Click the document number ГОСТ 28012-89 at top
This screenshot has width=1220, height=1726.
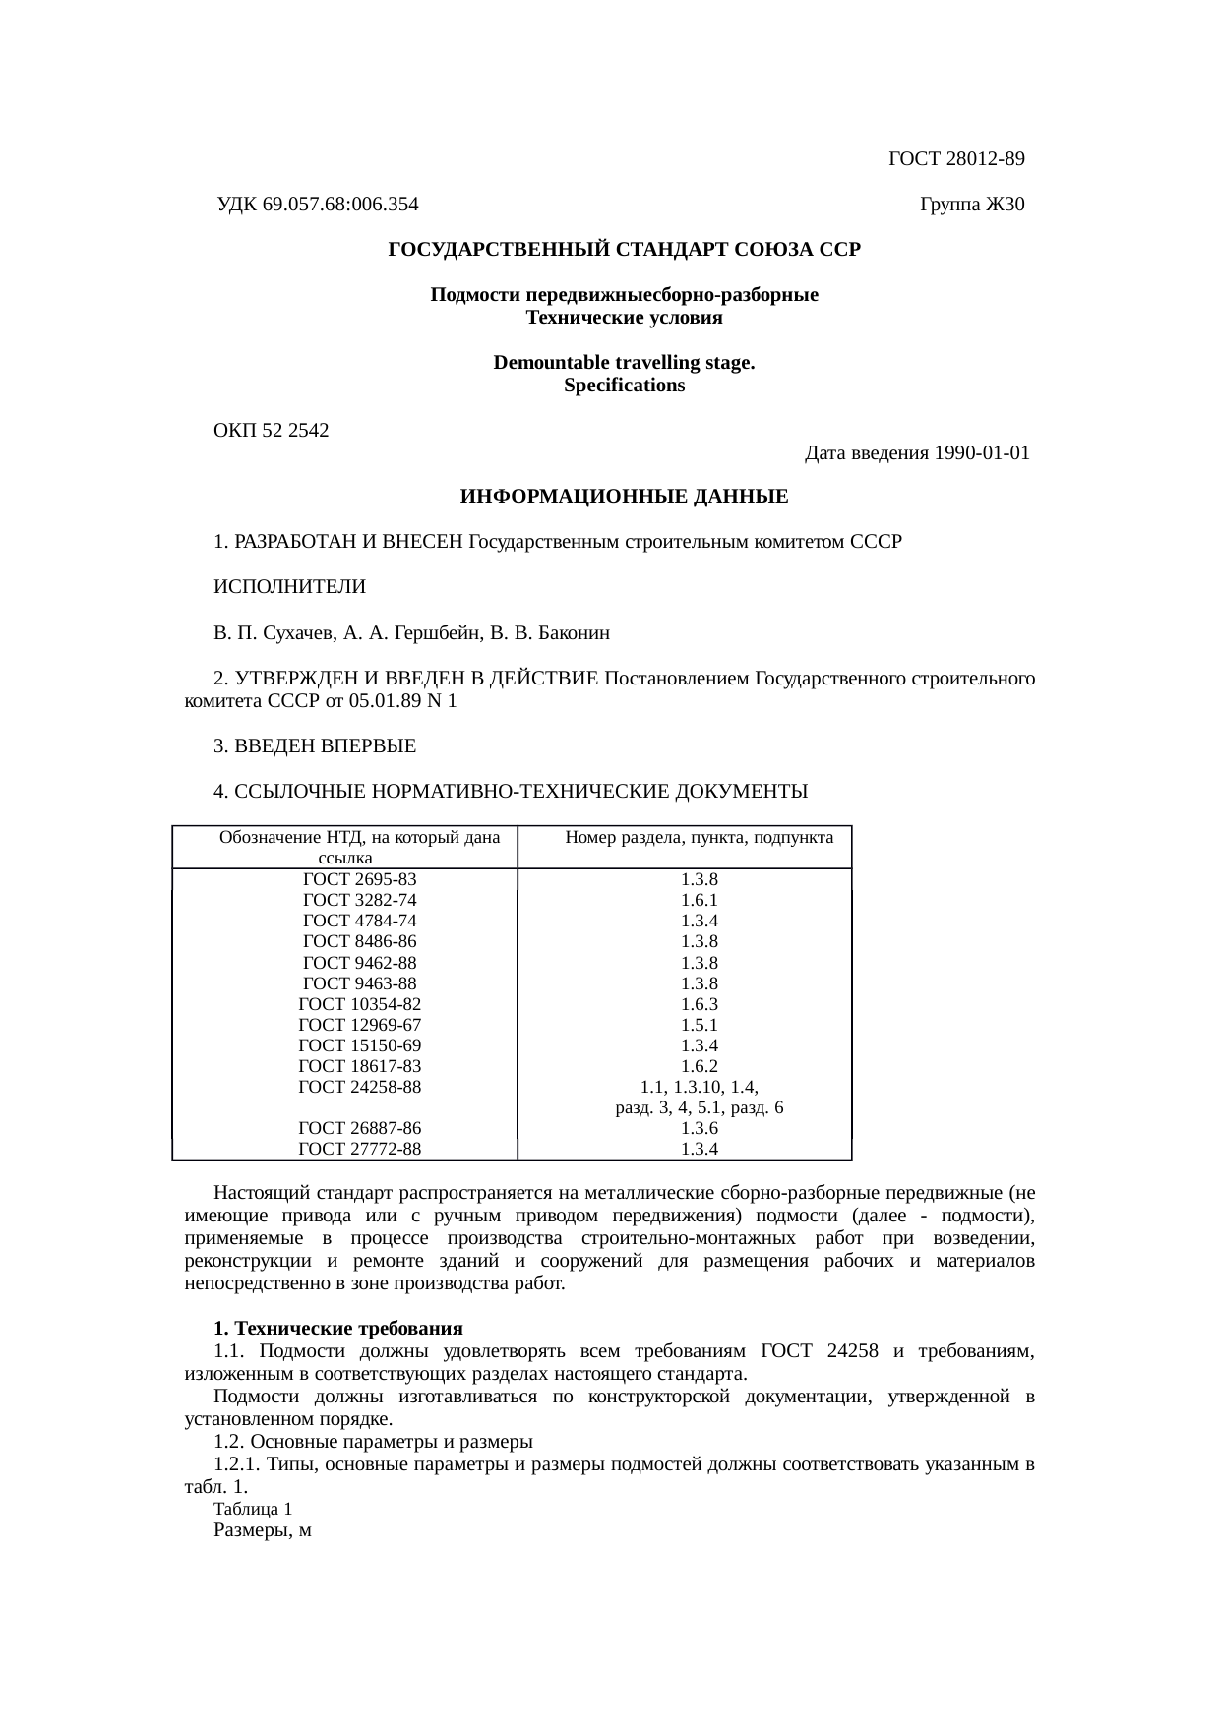[955, 158]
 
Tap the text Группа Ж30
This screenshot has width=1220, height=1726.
[971, 205]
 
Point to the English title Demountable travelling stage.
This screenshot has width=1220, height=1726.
[624, 363]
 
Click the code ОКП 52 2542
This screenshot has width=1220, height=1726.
[272, 430]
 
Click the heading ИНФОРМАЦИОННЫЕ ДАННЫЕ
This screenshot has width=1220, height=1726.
[624, 497]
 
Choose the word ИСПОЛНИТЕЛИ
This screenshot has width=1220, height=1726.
[290, 587]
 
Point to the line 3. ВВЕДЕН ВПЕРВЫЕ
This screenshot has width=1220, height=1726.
[315, 746]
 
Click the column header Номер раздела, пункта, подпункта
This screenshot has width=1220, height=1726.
[700, 838]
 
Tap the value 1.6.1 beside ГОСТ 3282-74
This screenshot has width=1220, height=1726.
[699, 900]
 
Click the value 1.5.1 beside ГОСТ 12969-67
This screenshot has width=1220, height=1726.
[699, 1025]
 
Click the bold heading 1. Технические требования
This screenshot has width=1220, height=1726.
[338, 1329]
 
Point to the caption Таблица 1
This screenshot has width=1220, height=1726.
[253, 1508]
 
